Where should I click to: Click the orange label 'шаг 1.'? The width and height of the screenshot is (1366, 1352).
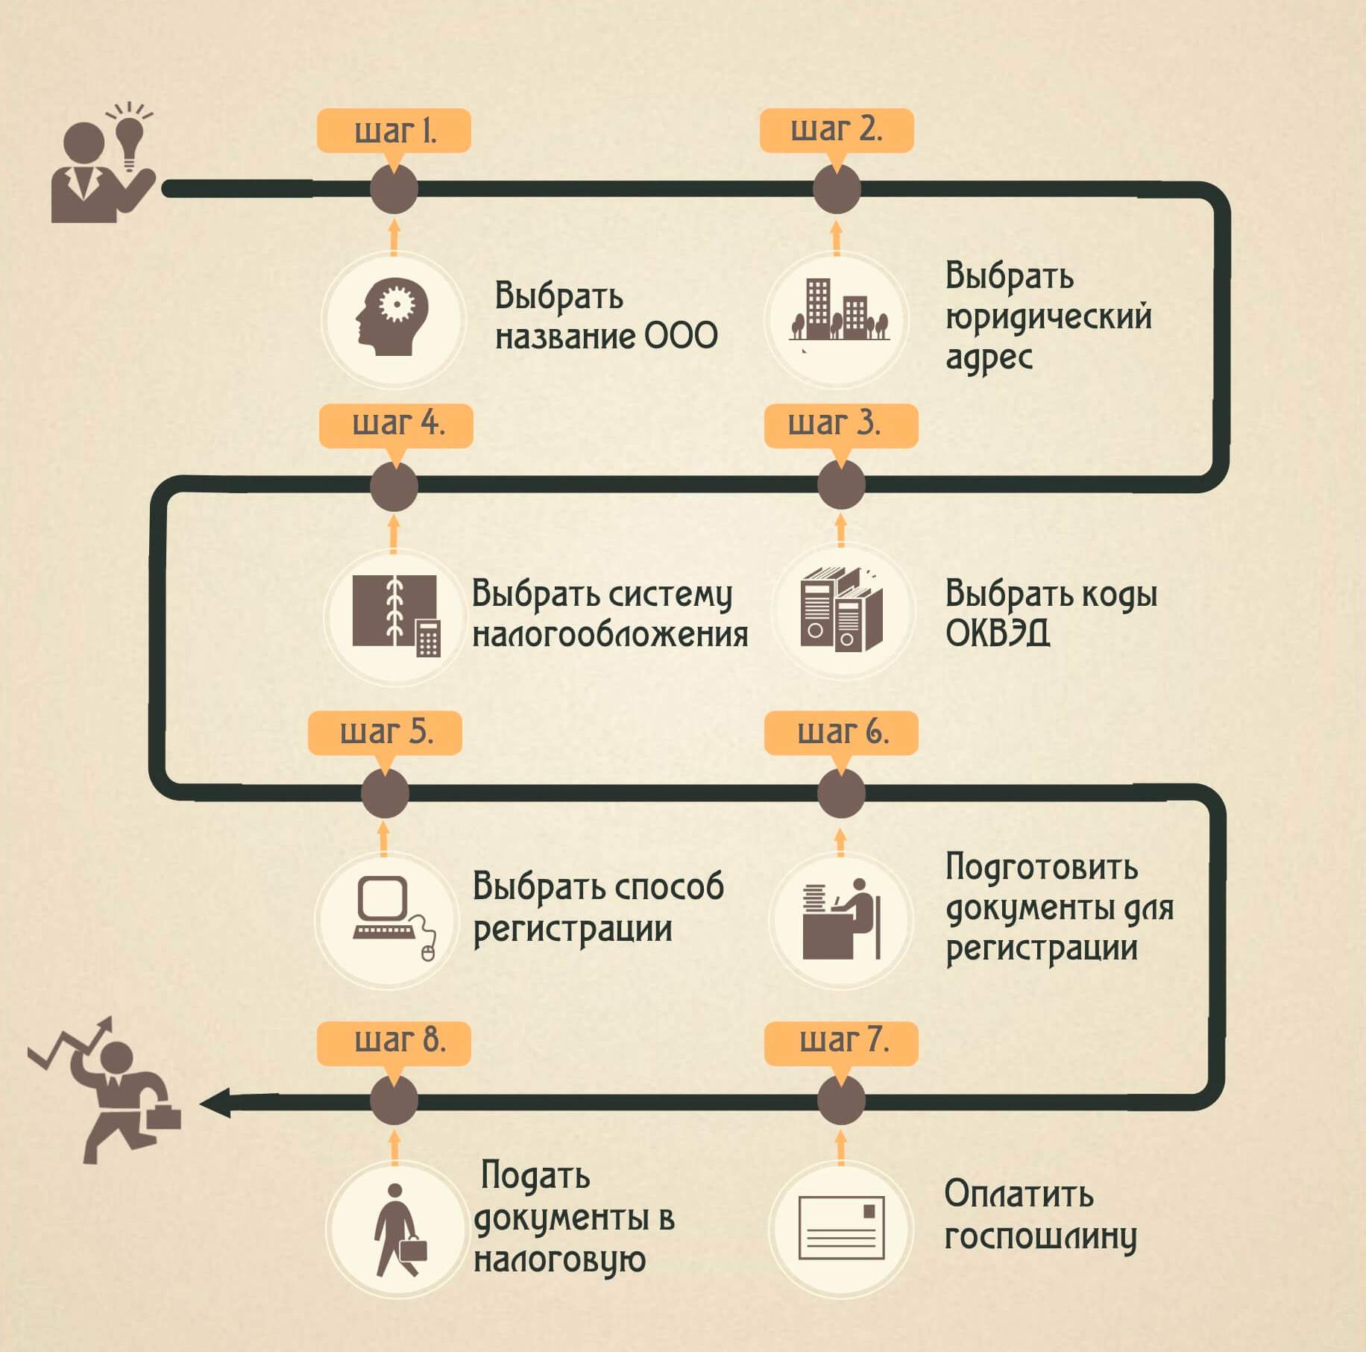394,131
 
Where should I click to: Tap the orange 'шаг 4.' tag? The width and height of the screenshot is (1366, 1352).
396,425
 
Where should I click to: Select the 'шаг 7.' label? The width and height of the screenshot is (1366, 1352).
841,1042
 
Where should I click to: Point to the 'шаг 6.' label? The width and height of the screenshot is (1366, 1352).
841,733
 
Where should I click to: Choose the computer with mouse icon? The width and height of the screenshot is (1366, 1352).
394,918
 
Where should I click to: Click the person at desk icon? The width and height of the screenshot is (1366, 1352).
841,918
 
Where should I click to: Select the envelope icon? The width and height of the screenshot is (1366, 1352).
841,1227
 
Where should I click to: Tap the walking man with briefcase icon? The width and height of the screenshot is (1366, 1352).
400,1230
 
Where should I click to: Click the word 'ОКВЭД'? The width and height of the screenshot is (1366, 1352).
998,634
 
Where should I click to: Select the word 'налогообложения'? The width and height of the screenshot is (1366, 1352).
610,634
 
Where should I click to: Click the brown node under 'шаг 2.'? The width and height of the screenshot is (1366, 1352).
837,190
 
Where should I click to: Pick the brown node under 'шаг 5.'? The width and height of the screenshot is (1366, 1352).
385,793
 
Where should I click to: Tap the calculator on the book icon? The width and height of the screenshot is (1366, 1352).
428,638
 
